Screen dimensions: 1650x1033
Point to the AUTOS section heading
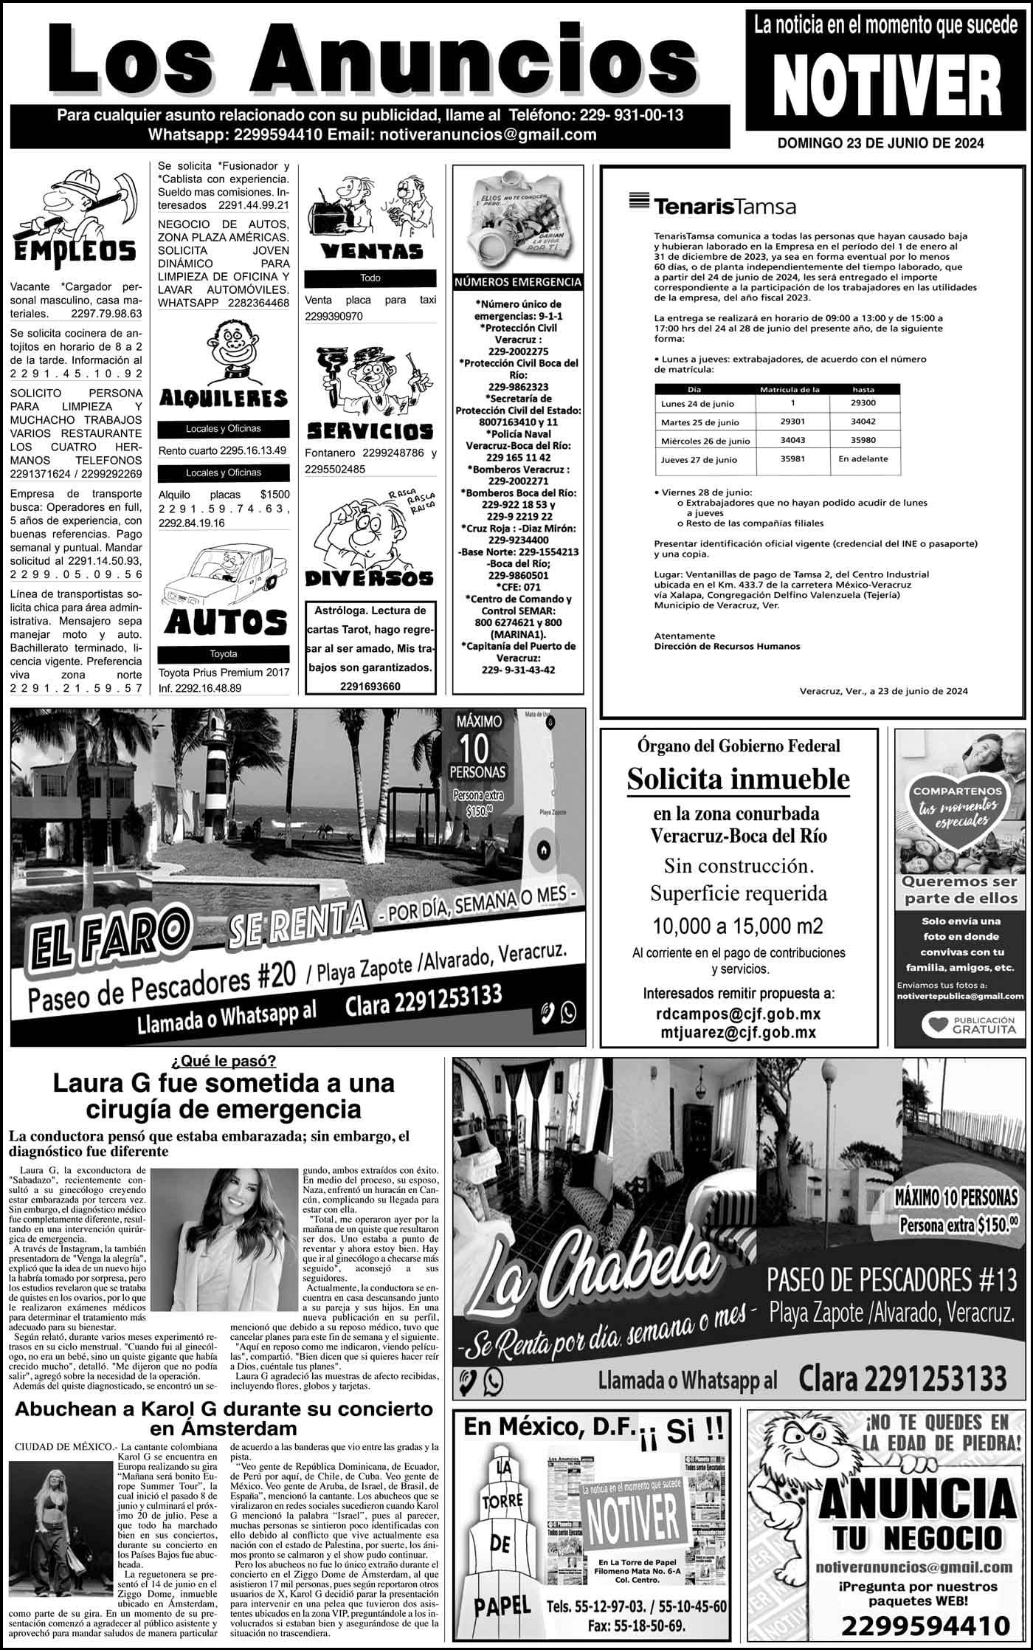click(x=226, y=622)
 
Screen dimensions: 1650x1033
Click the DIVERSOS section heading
click(x=370, y=578)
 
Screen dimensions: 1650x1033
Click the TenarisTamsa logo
click(x=712, y=204)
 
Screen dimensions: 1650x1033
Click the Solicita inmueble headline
click(x=738, y=779)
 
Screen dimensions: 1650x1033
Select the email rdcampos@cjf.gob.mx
click(x=738, y=1014)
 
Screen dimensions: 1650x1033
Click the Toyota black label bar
click(x=224, y=654)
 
